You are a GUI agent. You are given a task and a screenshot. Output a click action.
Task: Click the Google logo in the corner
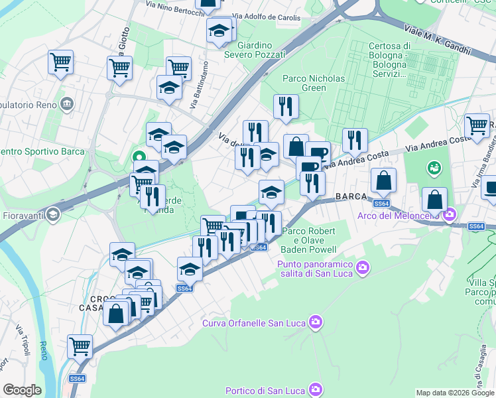coord(22,390)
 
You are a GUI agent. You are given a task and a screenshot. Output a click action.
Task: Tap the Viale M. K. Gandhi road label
coord(437,40)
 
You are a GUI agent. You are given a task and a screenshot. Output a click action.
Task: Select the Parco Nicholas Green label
coord(314,83)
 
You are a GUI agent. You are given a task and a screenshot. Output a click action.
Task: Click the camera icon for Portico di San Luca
coord(316,389)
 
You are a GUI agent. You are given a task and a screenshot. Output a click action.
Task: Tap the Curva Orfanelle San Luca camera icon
coord(315,323)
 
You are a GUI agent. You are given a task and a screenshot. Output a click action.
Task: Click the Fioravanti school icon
coord(52,215)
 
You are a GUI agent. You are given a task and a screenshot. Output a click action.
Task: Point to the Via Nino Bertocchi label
coord(172,7)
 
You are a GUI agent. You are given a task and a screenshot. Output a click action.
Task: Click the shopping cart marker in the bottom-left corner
coord(80,346)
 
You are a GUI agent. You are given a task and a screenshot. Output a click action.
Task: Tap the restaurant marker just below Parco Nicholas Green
coord(286,106)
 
